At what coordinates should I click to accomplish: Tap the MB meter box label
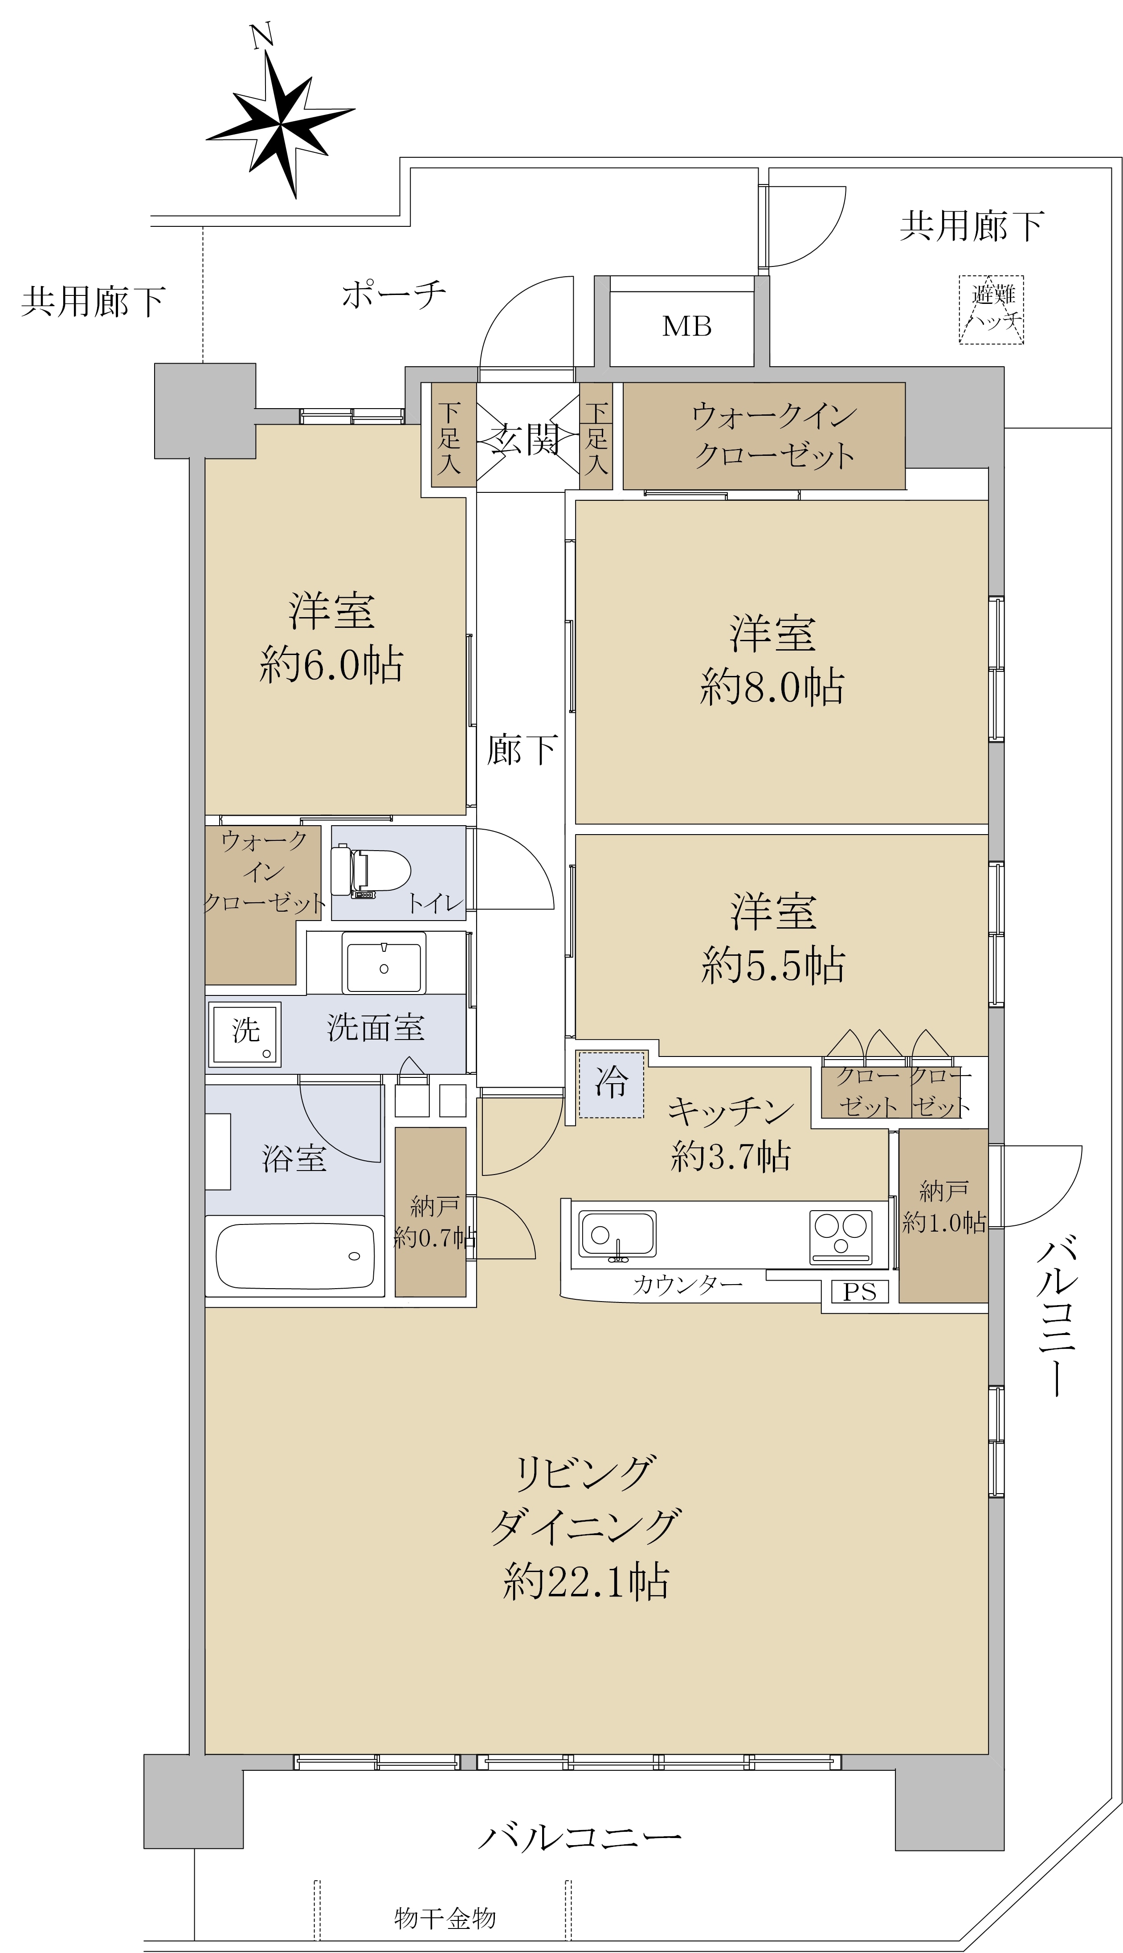coord(686,327)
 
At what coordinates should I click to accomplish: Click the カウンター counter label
coord(686,1285)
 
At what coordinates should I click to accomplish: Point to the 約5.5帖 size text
coord(773,966)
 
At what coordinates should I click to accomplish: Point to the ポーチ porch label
coord(393,295)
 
